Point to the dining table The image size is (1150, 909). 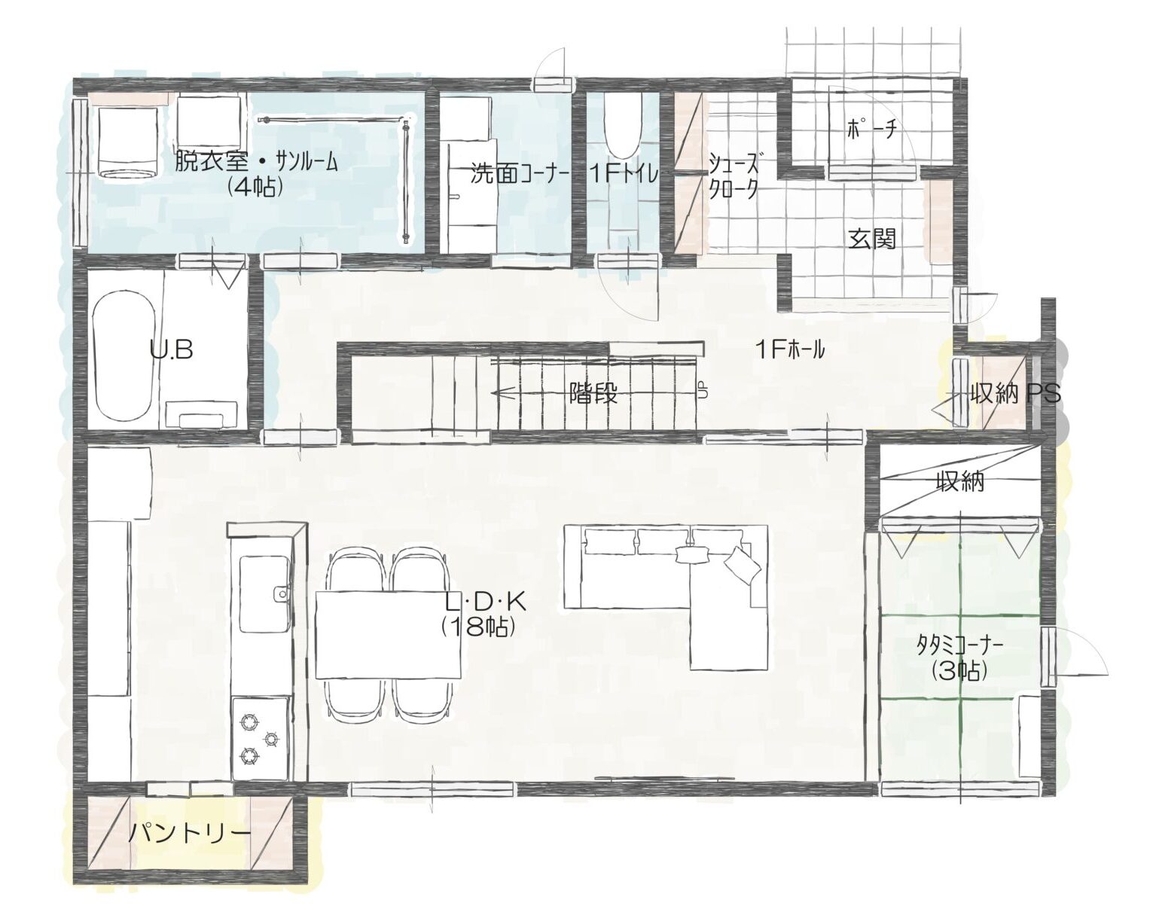click(389, 634)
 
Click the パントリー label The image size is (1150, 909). click(190, 834)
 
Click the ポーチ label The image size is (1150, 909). click(871, 129)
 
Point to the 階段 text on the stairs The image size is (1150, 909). click(593, 395)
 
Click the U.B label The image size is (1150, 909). click(171, 350)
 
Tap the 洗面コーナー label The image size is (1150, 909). click(520, 175)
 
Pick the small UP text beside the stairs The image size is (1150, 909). click(703, 390)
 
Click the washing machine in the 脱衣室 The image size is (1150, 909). click(128, 142)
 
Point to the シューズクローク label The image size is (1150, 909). click(734, 175)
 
